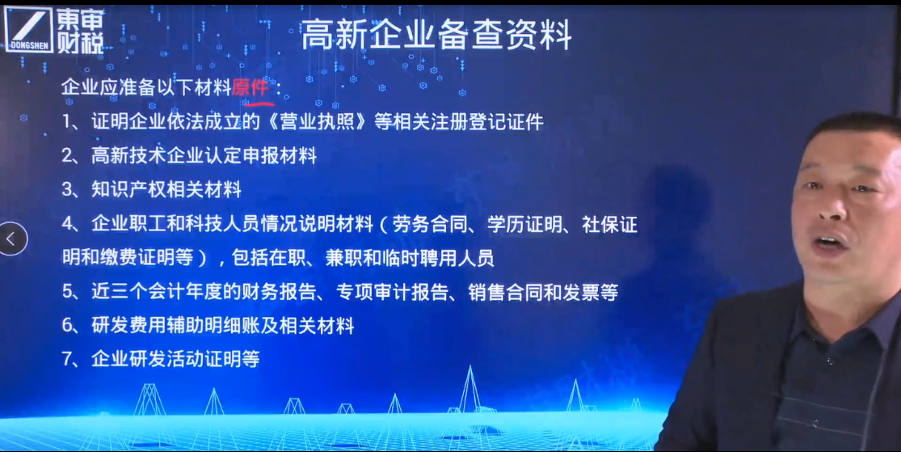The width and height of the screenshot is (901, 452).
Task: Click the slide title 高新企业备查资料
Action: click(436, 34)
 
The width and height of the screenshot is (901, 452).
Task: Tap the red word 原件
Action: click(251, 87)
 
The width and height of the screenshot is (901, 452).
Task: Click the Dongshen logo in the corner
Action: click(55, 31)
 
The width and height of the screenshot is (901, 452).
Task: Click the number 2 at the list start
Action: click(67, 156)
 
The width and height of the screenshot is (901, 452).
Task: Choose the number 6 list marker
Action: click(67, 326)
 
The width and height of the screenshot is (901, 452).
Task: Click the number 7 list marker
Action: click(67, 359)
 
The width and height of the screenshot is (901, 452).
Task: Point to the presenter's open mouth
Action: click(831, 242)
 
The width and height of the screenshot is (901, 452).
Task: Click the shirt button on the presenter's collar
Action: click(831, 361)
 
